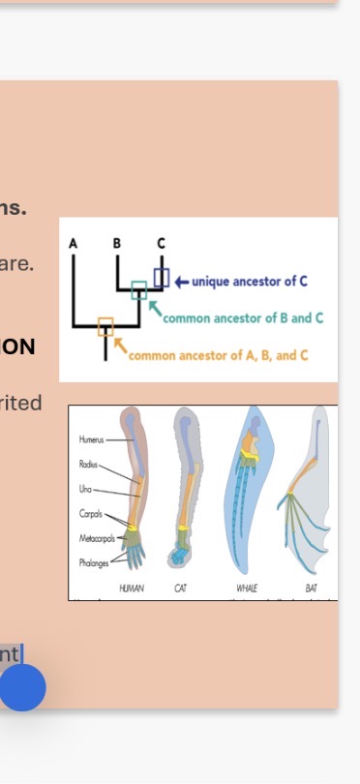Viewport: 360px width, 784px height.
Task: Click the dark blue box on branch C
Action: click(x=162, y=278)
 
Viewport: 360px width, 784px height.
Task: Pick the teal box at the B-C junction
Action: click(x=139, y=289)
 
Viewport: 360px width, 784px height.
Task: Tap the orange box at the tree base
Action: click(x=105, y=326)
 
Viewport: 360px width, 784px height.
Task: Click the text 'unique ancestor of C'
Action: click(x=250, y=282)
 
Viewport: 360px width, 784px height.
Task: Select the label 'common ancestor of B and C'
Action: click(x=243, y=317)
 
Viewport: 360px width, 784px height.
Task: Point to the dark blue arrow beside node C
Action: click(x=181, y=282)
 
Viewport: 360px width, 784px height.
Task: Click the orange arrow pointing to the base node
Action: click(x=121, y=346)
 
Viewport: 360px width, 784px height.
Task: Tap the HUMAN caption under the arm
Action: click(x=132, y=588)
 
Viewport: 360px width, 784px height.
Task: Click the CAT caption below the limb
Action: click(x=181, y=588)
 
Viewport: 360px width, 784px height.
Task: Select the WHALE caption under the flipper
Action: click(x=247, y=588)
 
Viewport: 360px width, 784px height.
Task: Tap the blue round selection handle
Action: click(x=22, y=687)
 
